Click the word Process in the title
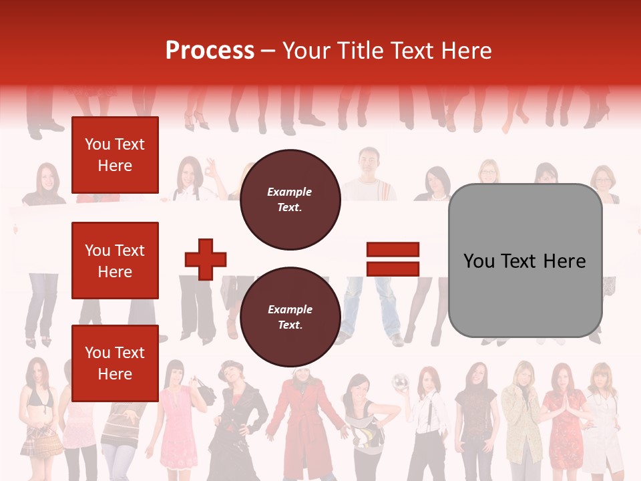[x=210, y=51]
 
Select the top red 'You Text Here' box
[x=115, y=155]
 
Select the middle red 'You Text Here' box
[x=115, y=261]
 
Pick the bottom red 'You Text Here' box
[x=115, y=363]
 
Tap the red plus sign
[x=206, y=259]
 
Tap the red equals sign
[x=393, y=259]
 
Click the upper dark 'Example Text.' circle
[x=290, y=200]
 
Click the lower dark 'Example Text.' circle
[x=290, y=317]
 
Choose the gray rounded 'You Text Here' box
[x=525, y=261]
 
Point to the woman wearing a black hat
[x=237, y=414]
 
